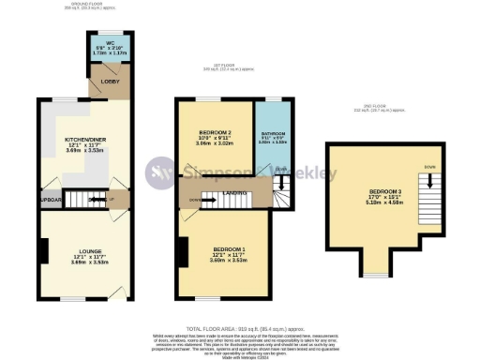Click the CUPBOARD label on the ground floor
pyautogui.click(x=50, y=200)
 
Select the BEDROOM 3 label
pyautogui.click(x=375, y=195)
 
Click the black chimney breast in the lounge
pyautogui.click(x=44, y=250)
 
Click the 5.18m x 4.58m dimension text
pyautogui.click(x=375, y=206)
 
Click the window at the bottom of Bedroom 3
pyautogui.click(x=375, y=275)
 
